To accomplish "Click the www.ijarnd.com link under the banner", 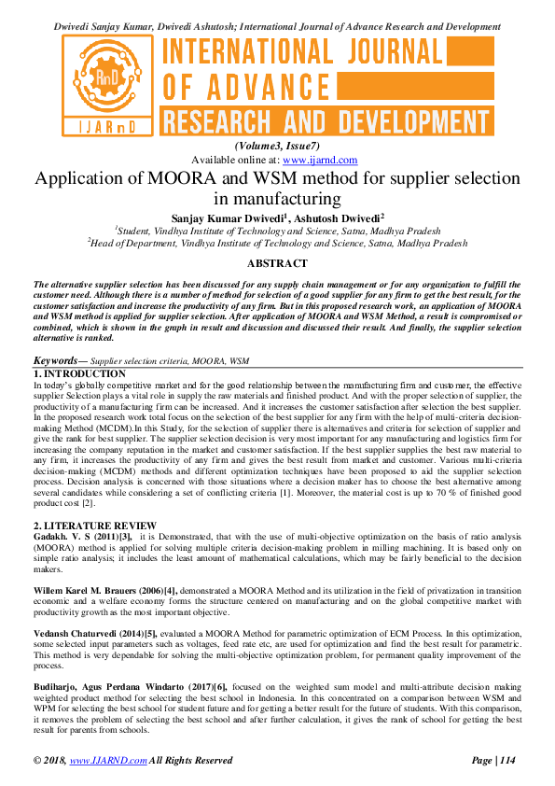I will [309, 160].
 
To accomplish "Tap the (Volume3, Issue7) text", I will [277, 147].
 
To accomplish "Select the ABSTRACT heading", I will [277, 263].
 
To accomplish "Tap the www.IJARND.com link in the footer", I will [105, 761].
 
